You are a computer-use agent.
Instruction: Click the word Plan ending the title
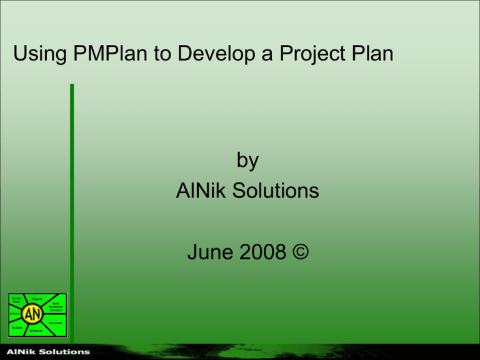point(371,56)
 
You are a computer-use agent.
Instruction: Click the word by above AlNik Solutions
point(247,161)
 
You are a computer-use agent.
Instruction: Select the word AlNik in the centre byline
point(199,191)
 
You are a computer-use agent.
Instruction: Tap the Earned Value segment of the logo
point(17,300)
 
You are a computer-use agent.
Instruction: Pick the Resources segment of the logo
point(56,322)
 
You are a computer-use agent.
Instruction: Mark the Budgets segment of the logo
point(17,328)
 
